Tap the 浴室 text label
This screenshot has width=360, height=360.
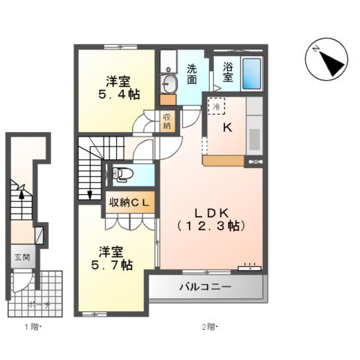(227, 72)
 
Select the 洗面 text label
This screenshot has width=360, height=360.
(193, 72)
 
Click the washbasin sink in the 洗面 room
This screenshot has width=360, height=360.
(168, 83)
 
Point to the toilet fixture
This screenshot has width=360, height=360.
(122, 175)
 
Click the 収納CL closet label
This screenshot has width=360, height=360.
(131, 201)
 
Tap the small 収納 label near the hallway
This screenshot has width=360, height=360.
(167, 120)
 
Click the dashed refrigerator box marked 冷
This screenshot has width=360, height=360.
(215, 106)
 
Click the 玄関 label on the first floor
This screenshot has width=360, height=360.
(21, 257)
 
